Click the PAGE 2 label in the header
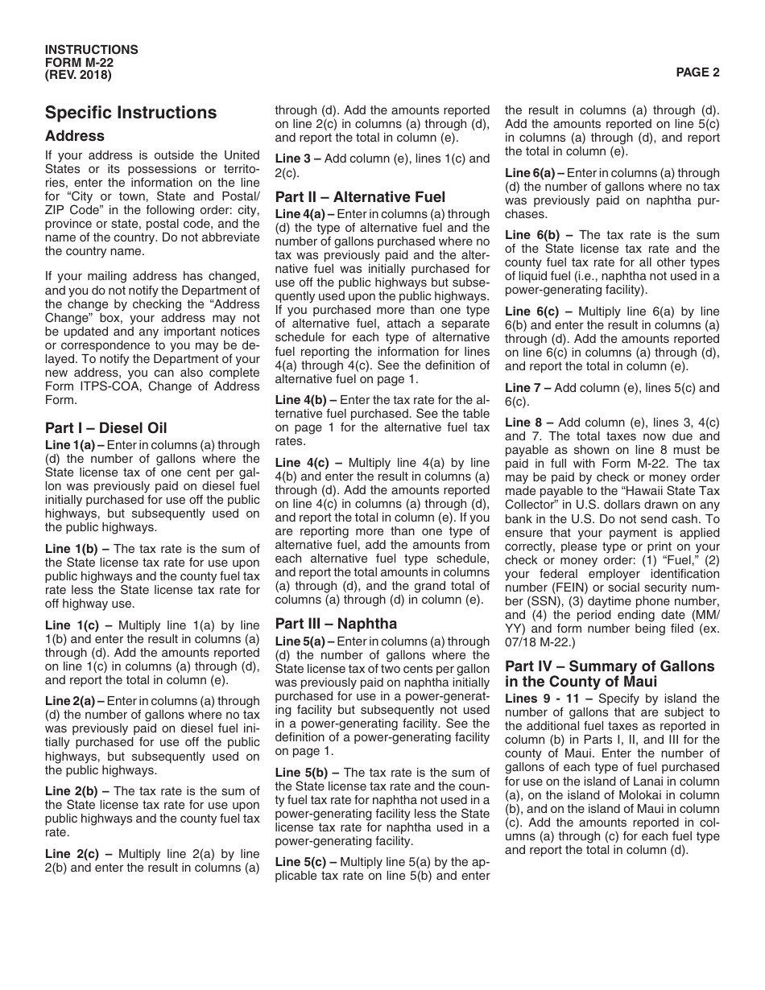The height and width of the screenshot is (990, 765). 697,72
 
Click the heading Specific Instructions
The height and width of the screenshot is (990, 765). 130,113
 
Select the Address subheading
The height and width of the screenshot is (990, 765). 75,136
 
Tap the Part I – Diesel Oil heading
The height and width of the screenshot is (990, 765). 106,428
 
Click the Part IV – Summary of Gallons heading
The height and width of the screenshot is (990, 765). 610,666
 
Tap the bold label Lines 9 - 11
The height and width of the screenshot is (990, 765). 537,699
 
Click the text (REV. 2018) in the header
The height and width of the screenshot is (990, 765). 79,76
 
